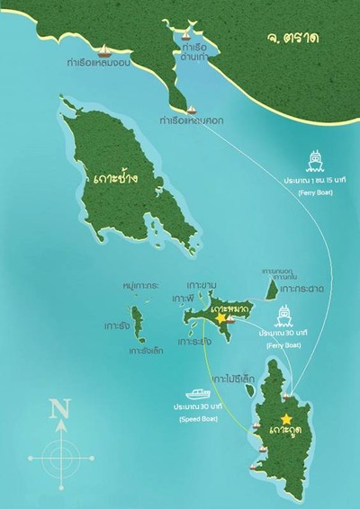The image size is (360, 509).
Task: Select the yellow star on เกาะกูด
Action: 286,419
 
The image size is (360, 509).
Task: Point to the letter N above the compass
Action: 60,411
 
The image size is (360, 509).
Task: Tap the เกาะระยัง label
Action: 194,342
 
